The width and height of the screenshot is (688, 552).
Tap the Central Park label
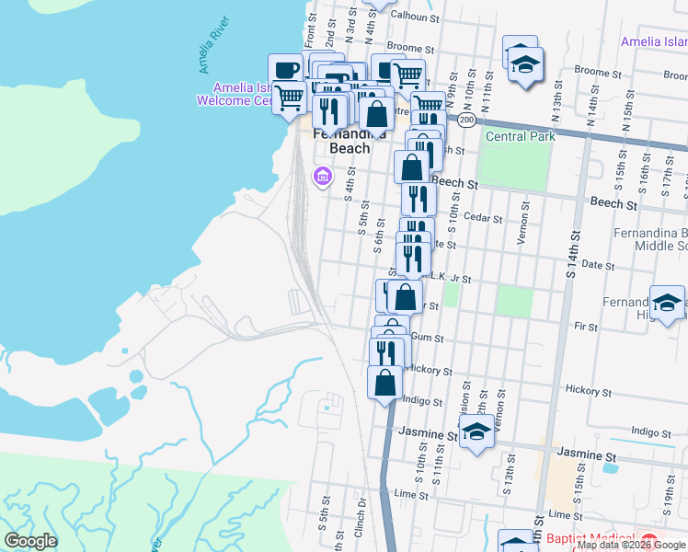[521, 136]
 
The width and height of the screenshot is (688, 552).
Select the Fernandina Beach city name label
[341, 140]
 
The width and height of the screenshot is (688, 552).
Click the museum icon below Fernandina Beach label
[322, 176]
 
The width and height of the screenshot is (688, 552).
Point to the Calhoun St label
[413, 17]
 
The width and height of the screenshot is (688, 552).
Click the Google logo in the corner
[30, 541]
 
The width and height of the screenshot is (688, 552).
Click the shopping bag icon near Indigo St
[385, 382]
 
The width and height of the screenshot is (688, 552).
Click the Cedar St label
[485, 218]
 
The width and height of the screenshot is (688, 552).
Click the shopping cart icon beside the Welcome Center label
[290, 96]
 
